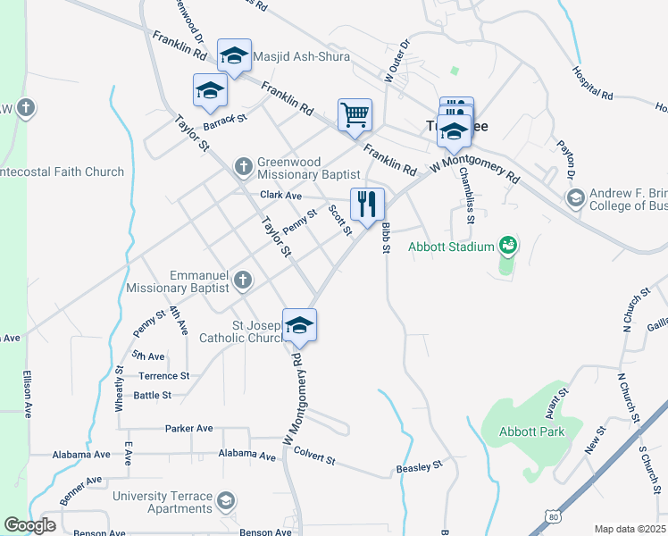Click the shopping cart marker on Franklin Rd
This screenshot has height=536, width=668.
click(x=355, y=114)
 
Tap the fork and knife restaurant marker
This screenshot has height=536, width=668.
click(x=367, y=205)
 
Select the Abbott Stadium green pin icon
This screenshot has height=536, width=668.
click(x=508, y=243)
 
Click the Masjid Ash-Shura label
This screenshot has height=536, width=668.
click(x=302, y=56)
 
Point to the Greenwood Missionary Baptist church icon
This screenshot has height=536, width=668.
click(x=243, y=166)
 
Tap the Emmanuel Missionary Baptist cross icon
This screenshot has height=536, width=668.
click(x=241, y=281)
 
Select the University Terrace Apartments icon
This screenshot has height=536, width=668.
click(x=227, y=500)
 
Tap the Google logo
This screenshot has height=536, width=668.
click(x=29, y=525)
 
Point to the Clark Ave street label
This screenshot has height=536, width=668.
click(x=281, y=195)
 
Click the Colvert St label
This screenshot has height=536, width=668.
click(x=313, y=459)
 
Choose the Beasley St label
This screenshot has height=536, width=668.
click(x=419, y=466)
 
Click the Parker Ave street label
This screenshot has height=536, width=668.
click(x=188, y=429)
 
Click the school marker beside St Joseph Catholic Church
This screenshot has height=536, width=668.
click(x=299, y=325)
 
